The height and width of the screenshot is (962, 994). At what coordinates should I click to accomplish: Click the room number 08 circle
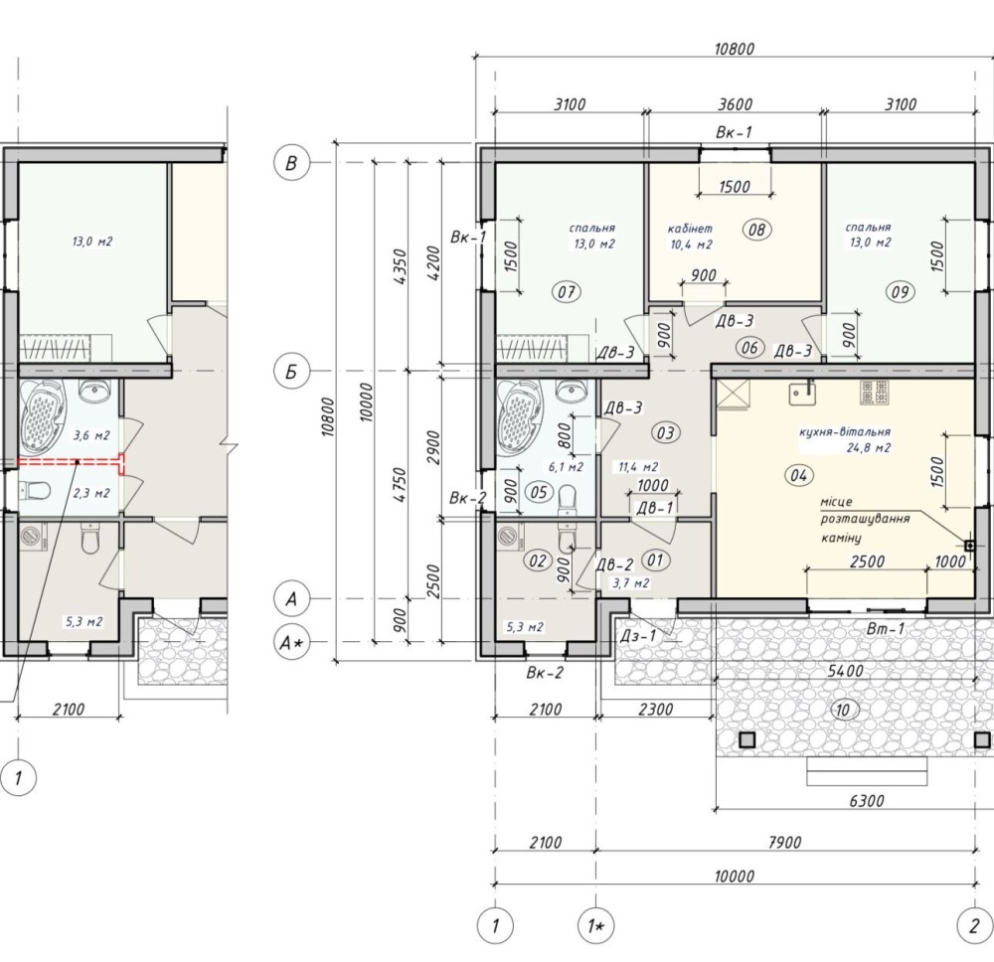click(756, 230)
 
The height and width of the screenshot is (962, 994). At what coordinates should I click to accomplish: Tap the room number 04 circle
click(799, 475)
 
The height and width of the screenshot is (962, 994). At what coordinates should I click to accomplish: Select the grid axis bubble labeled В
click(291, 163)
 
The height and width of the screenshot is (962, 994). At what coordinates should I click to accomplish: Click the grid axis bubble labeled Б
click(291, 371)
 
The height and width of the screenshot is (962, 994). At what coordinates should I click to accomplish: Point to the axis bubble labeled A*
click(291, 643)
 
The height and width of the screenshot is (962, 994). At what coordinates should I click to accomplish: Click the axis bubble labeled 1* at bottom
click(595, 927)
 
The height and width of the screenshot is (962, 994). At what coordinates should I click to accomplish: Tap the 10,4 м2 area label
click(691, 244)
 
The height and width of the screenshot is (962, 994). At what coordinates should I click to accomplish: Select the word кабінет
click(691, 229)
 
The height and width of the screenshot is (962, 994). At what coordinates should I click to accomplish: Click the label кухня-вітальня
click(844, 431)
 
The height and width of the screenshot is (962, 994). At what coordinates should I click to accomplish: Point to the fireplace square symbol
click(969, 545)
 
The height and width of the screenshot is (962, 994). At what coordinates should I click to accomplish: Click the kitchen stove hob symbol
click(874, 393)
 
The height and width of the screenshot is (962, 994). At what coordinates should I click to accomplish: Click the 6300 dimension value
click(867, 800)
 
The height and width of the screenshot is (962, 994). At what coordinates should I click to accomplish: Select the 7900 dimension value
click(784, 842)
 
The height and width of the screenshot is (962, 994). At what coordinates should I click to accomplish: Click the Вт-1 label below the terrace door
click(886, 629)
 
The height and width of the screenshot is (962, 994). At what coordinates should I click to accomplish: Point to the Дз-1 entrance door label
click(644, 635)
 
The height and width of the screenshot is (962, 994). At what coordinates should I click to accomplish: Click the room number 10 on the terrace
click(842, 711)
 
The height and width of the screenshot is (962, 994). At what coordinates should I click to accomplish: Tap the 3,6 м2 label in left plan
click(91, 435)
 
